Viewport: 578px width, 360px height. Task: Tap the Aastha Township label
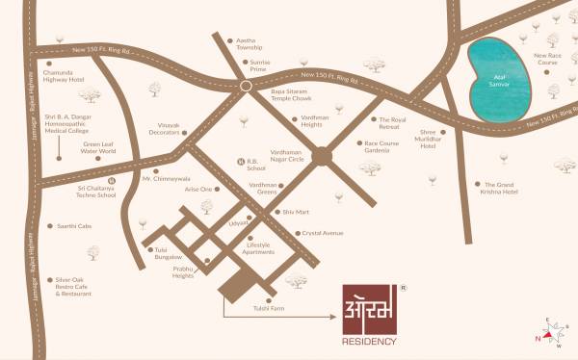[x=251, y=44]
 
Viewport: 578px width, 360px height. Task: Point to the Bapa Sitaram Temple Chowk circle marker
[x=247, y=86]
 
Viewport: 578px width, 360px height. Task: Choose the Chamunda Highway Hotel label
[x=65, y=74]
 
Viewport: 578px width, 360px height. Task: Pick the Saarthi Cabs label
[x=73, y=225]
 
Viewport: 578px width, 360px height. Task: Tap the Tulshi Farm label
[x=270, y=308]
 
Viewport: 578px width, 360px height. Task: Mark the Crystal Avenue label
[x=323, y=233]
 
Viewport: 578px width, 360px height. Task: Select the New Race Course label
[x=546, y=60]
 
